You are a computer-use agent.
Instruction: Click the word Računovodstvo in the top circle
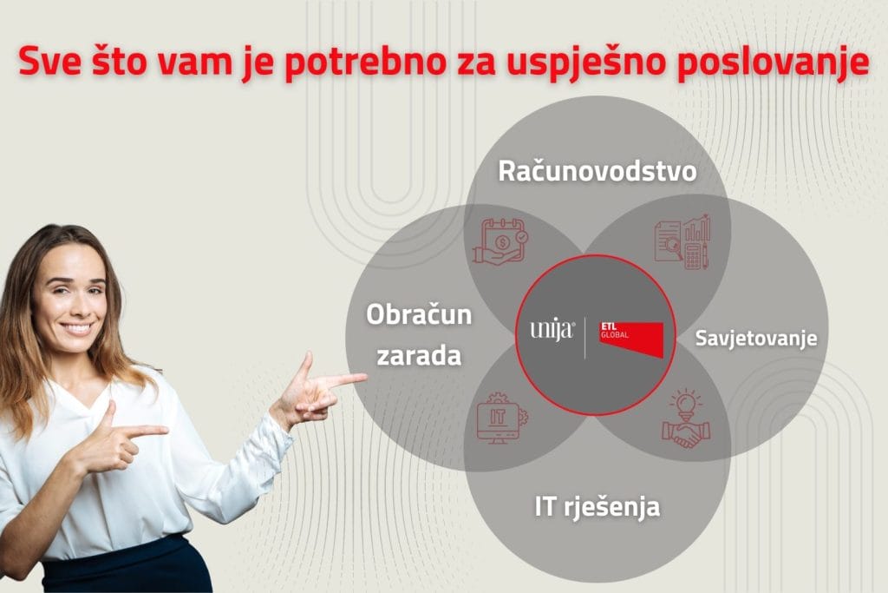click(597, 171)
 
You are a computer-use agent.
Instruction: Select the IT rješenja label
click(597, 506)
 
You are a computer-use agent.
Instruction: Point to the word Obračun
click(419, 313)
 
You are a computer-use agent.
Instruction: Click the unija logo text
click(551, 331)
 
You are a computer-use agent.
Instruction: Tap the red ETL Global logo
click(631, 338)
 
